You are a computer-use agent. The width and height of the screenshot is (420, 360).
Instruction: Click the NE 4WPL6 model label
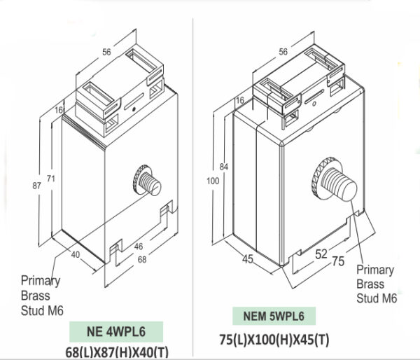pyautogui.click(x=116, y=331)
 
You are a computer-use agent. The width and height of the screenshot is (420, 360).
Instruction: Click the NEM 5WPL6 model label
pyautogui.click(x=274, y=317)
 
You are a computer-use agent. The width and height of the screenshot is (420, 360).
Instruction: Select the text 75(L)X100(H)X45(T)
pyautogui.click(x=274, y=340)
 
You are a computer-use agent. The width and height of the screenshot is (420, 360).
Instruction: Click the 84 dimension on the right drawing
pyautogui.click(x=223, y=167)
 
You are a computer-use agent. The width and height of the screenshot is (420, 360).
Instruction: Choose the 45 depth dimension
pyautogui.click(x=247, y=260)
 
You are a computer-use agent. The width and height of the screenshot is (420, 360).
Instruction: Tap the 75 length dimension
pyautogui.click(x=337, y=262)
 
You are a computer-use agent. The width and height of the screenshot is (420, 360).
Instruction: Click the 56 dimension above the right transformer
pyautogui.click(x=283, y=52)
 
